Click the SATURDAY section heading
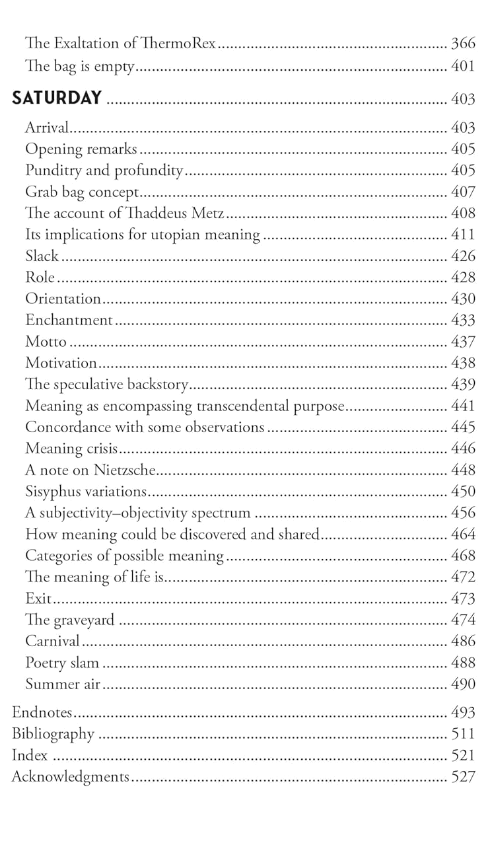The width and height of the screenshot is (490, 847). pos(57,98)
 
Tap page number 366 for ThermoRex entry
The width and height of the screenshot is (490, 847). pos(463,44)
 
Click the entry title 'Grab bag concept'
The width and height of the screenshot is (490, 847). pos(82,192)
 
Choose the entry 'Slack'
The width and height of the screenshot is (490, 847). pos(42,256)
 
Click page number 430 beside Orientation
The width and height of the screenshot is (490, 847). pos(463,299)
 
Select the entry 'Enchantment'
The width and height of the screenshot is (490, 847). pos(69,320)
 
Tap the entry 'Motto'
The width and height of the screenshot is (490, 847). pos(46,342)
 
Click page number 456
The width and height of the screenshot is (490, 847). pos(463,513)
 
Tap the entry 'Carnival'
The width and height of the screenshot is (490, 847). pos(52,641)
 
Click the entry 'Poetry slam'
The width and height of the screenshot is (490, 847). pos(62,663)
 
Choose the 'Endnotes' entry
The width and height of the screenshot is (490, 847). pos(42,712)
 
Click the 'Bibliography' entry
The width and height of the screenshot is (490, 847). pos(53,734)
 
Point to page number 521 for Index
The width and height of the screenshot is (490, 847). pos(463,755)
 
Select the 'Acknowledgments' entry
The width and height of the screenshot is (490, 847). pos(70,777)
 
